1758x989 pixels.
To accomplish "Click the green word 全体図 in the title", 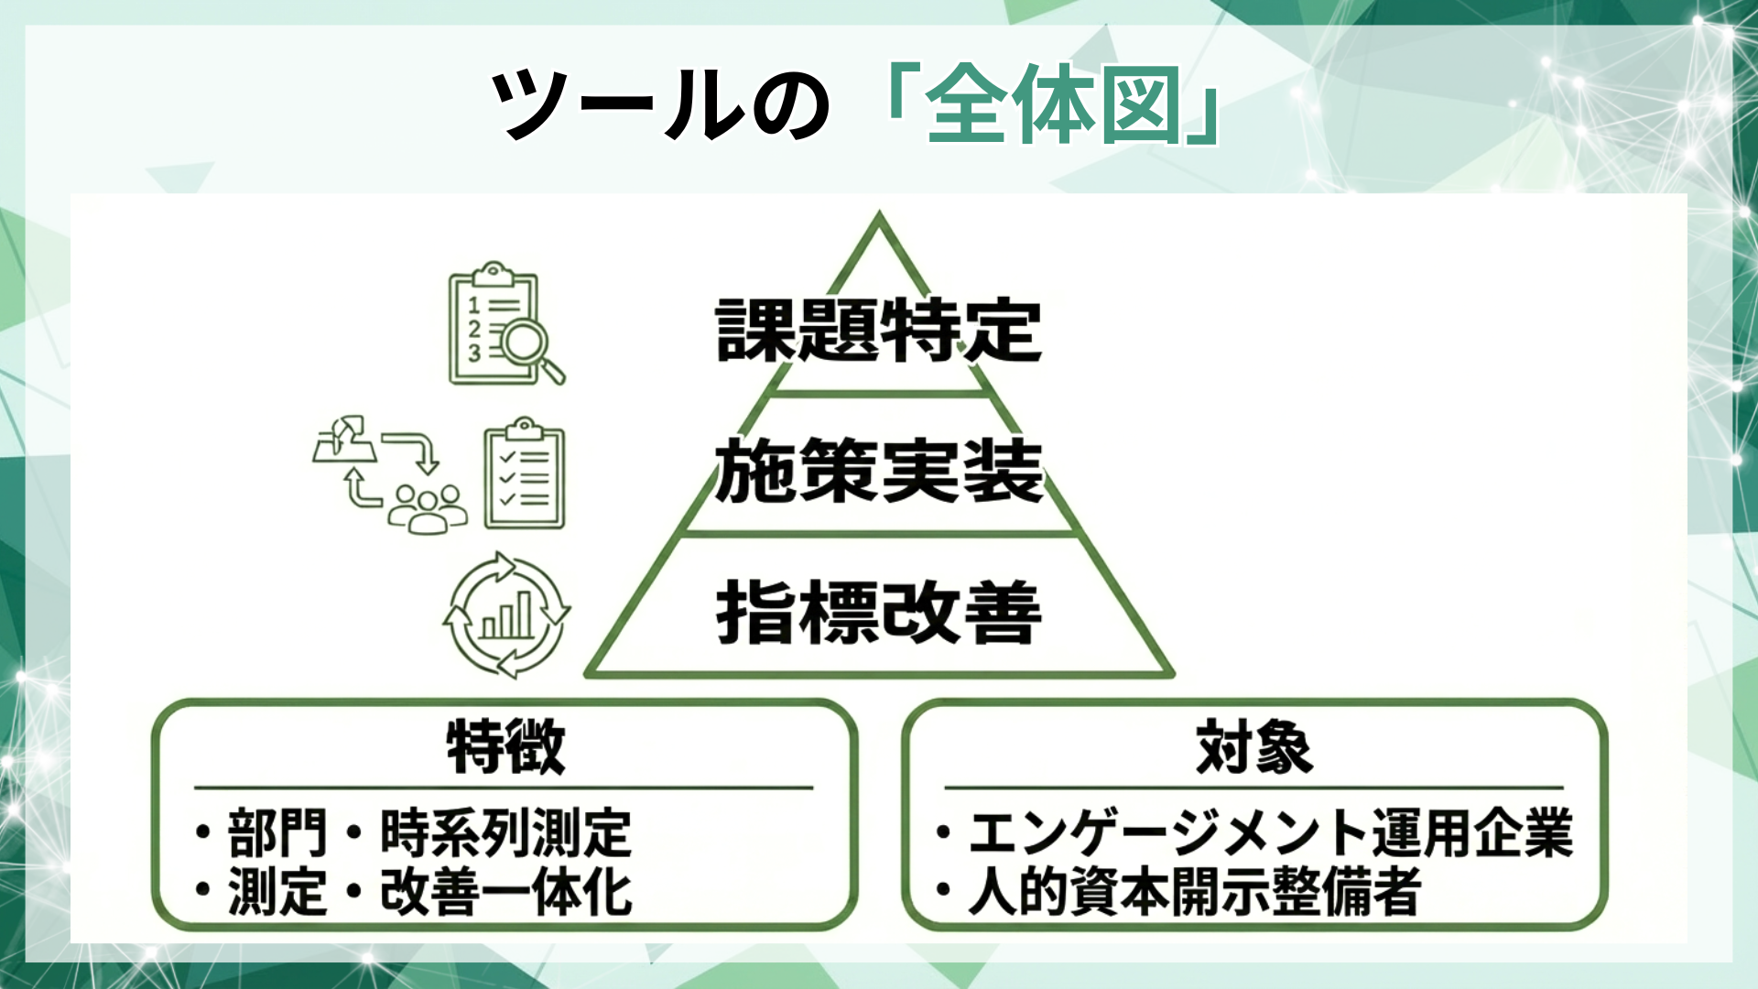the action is click(1053, 105).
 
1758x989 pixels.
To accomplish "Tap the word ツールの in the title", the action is click(659, 105).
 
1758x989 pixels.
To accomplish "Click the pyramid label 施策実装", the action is click(878, 471).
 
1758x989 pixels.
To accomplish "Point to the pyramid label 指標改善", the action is click(878, 612).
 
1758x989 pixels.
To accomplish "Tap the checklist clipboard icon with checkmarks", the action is click(524, 476).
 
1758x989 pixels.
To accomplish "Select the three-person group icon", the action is click(427, 508).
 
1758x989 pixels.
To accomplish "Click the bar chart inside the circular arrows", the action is click(506, 615).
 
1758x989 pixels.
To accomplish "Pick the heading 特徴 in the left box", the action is click(505, 746).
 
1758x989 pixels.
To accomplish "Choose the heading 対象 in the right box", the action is click(1254, 746).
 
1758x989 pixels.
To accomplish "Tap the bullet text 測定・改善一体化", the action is click(429, 891).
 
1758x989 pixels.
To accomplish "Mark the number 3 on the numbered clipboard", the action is click(473, 353).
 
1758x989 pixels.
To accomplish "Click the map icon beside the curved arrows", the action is click(344, 441).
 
